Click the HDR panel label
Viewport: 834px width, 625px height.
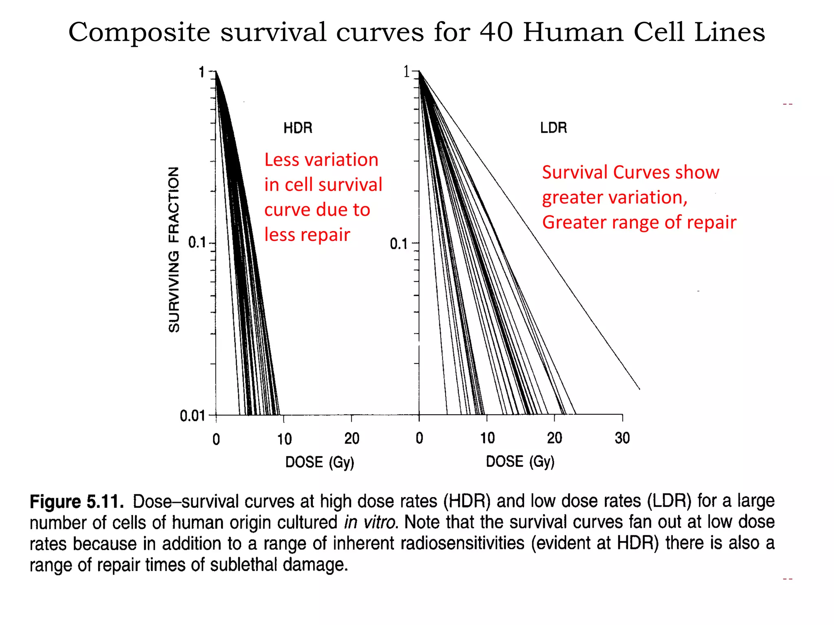coord(298,128)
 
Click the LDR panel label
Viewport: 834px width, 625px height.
coord(553,128)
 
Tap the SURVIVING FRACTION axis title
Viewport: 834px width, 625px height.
coord(174,249)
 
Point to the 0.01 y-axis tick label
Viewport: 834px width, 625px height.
coord(192,416)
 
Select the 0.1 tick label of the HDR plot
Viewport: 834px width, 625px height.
coord(197,243)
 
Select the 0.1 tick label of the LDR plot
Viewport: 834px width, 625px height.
coord(399,244)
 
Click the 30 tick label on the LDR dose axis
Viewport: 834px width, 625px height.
coord(622,438)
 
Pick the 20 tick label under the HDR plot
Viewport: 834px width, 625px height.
coord(351,439)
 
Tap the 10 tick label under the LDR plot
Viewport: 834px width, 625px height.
coord(487,438)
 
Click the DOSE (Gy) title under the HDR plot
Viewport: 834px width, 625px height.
coord(320,462)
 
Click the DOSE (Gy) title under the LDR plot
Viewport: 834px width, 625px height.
coord(520,461)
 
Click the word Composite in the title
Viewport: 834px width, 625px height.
coord(139,33)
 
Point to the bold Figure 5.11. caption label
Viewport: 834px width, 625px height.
coord(77,501)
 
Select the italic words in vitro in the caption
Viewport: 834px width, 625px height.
coord(370,522)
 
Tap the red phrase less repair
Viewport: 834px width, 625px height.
coord(307,235)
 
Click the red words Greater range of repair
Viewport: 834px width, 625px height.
coord(639,222)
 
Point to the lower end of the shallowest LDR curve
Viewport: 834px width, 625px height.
coord(639,388)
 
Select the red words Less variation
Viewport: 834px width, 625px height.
coord(321,160)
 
